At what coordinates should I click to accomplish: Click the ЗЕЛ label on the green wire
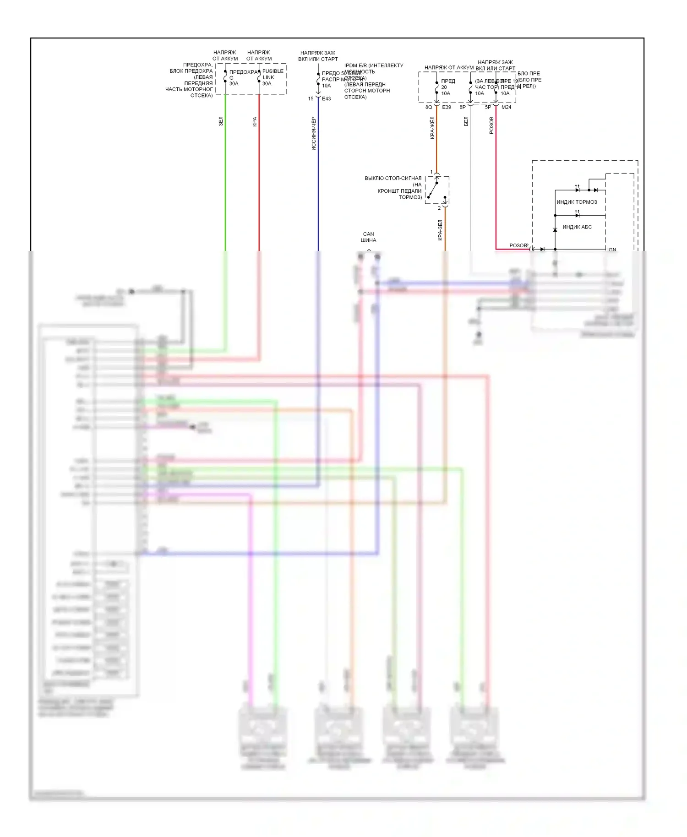[x=220, y=121]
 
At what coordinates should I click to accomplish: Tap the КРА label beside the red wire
[x=255, y=122]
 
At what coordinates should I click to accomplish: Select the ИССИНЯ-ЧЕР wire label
[x=314, y=134]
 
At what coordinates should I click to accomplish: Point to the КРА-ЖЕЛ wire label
[x=432, y=128]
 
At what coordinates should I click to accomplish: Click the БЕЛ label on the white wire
[x=466, y=121]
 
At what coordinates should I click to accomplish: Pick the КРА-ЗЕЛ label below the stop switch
[x=440, y=230]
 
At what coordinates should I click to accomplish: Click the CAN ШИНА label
[x=368, y=237]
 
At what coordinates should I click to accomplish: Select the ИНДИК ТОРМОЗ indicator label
[x=577, y=202]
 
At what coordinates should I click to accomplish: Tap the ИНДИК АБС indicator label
[x=577, y=227]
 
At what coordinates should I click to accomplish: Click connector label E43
[x=326, y=99]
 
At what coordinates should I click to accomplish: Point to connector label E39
[x=447, y=107]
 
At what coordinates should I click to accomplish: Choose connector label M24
[x=506, y=107]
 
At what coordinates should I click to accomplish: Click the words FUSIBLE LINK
[x=273, y=74]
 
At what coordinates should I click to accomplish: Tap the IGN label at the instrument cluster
[x=612, y=250]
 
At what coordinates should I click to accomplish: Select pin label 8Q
[x=429, y=107]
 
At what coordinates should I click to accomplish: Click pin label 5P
[x=488, y=107]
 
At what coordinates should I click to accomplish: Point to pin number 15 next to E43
[x=311, y=99]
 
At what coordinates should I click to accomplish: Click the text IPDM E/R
[x=355, y=65]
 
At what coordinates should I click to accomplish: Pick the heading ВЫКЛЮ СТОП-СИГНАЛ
[x=393, y=178]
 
